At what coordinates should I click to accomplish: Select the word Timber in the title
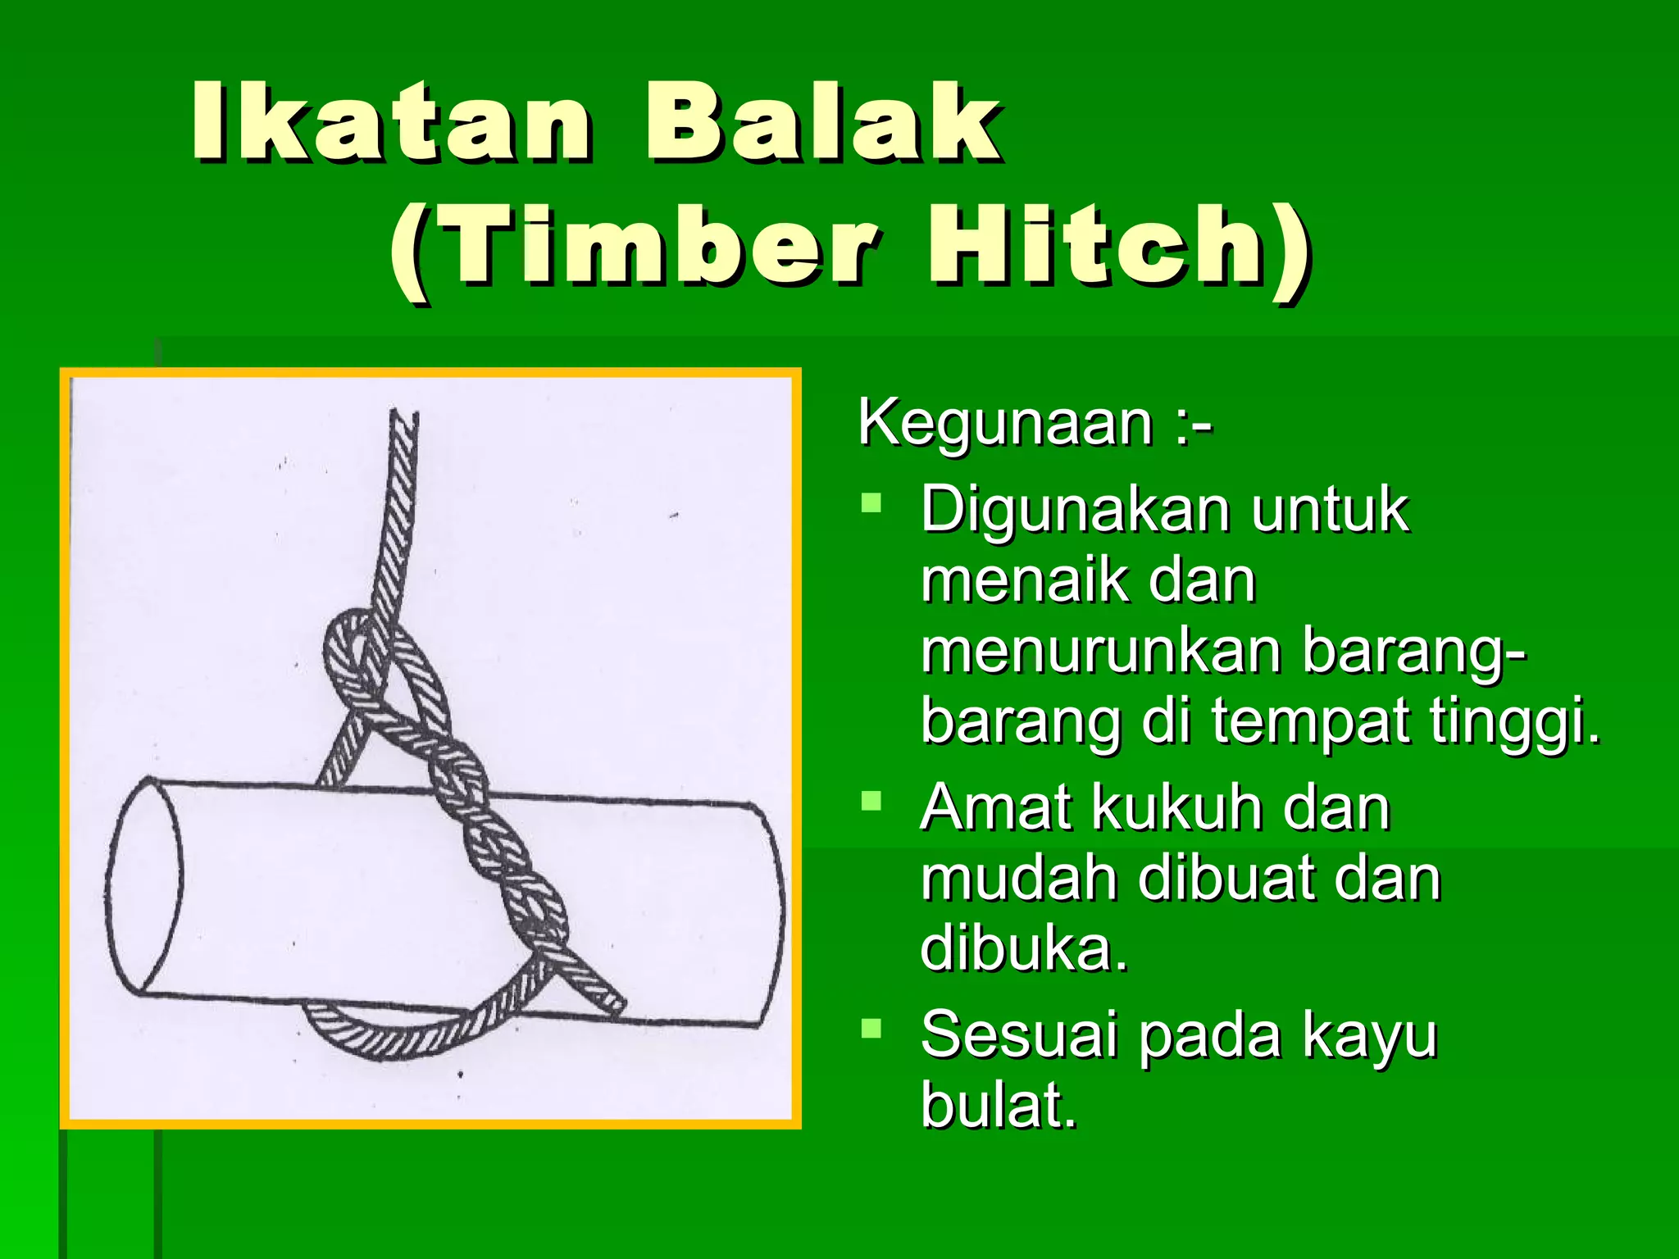click(660, 246)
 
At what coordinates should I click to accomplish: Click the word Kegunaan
click(1005, 423)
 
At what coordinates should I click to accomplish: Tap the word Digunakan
click(1074, 510)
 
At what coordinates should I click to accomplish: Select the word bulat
click(997, 1105)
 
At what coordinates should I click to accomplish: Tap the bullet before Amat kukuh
click(871, 800)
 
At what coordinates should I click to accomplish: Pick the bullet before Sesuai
click(871, 1028)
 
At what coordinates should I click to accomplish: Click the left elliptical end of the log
click(144, 885)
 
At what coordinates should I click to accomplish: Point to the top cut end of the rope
click(403, 415)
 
